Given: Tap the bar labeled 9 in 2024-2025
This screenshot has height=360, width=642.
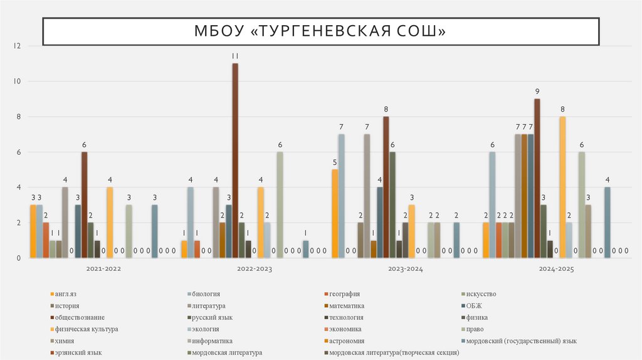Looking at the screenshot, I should click(x=537, y=178).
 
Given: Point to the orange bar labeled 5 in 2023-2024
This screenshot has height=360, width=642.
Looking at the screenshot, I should click(x=335, y=213).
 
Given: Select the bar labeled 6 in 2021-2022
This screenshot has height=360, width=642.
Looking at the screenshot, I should click(x=84, y=204).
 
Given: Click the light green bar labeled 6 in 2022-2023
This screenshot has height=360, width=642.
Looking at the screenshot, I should click(x=280, y=204).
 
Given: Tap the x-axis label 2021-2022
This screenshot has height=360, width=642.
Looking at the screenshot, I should click(x=103, y=269).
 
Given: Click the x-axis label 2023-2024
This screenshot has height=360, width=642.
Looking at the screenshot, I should click(x=405, y=269).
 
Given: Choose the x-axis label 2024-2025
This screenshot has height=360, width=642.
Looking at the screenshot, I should click(x=556, y=269).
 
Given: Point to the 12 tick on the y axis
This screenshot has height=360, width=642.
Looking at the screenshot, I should click(x=18, y=46).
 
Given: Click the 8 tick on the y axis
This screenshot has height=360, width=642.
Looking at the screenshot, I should click(x=19, y=117).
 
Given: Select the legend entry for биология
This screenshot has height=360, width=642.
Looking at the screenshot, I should click(x=207, y=294).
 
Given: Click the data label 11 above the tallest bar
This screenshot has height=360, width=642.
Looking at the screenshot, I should click(x=235, y=56).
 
